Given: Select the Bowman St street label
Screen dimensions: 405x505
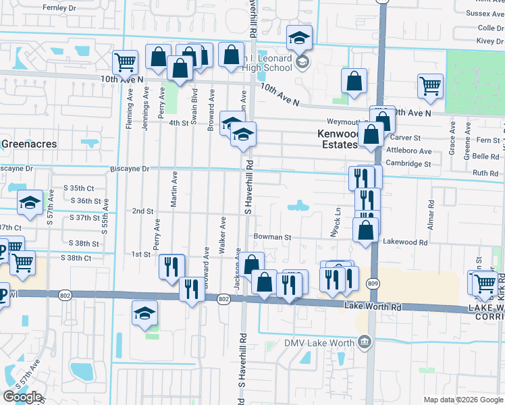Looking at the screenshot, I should [x=272, y=238].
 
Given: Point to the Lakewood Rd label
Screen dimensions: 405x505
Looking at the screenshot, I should [x=405, y=242].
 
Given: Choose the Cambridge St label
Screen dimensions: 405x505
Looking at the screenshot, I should [x=408, y=163].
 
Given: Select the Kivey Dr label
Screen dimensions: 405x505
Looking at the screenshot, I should [x=491, y=41].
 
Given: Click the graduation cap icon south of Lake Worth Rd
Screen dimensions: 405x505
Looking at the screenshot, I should [x=145, y=313].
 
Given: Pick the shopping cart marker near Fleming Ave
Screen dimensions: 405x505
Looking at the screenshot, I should [x=126, y=63].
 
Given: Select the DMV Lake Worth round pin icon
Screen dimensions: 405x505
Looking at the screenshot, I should [x=365, y=342].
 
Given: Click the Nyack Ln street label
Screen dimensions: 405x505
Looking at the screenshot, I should [x=338, y=218].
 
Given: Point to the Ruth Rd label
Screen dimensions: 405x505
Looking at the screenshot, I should [x=485, y=173].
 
